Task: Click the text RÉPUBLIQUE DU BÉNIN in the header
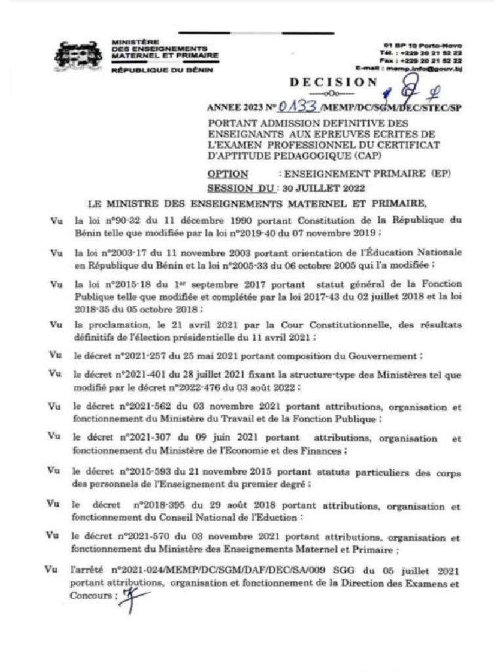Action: tap(162, 70)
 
